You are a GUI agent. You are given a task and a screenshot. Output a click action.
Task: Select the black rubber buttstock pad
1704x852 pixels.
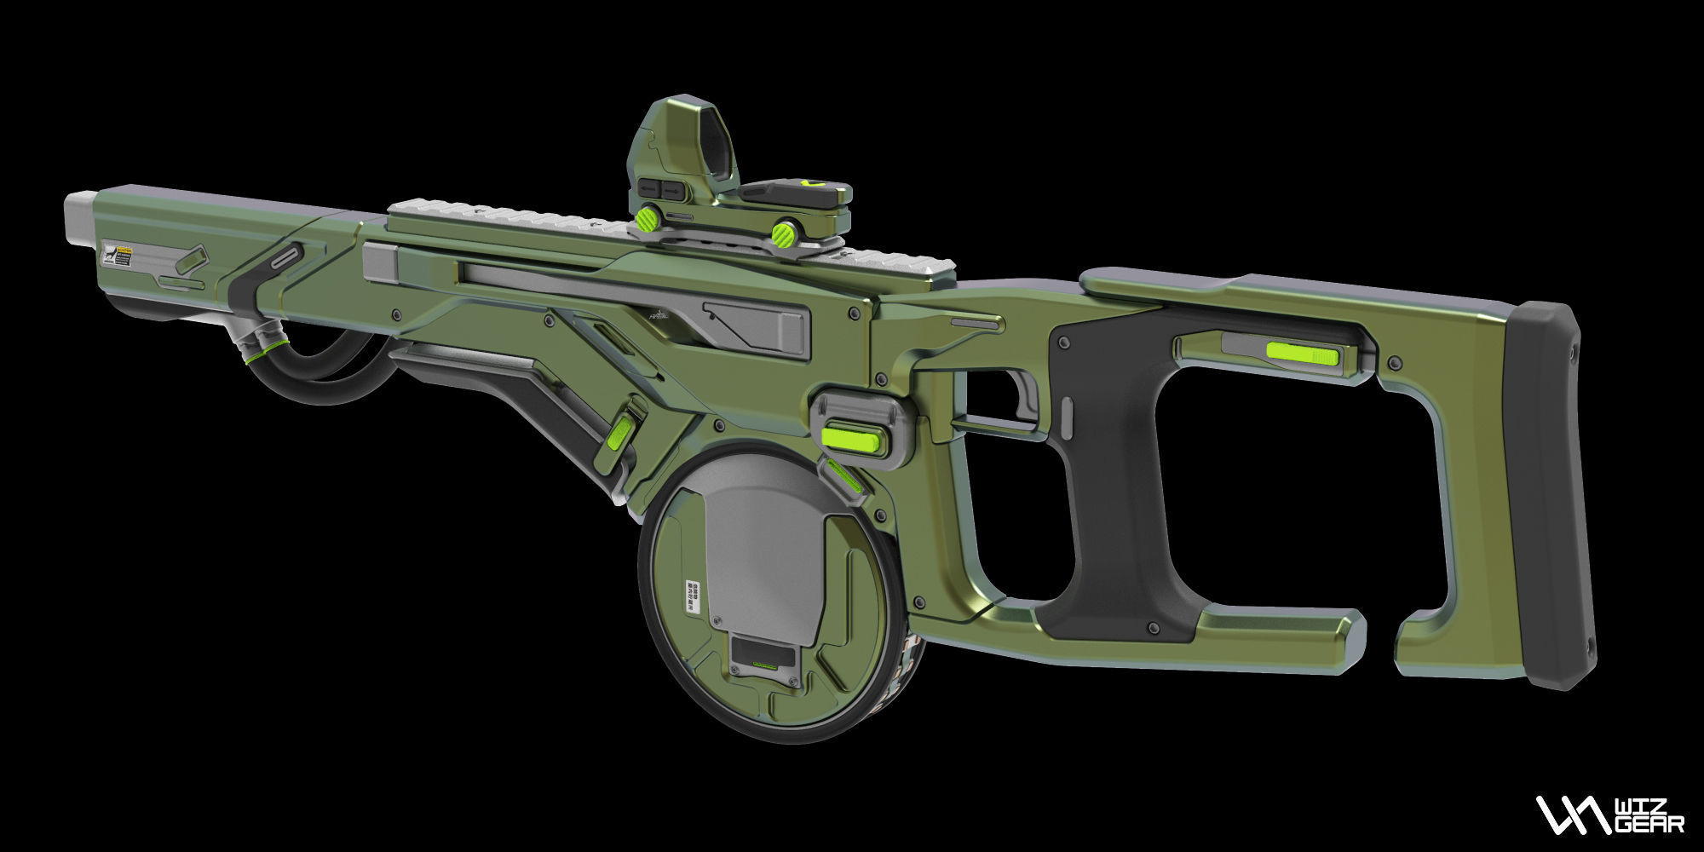[1546, 494]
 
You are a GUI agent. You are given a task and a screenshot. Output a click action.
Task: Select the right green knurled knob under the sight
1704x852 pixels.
[783, 233]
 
